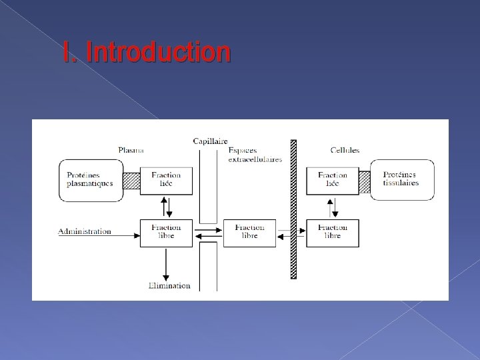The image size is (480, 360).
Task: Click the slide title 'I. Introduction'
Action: (147, 52)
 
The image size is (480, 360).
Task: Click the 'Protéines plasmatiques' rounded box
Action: (90, 180)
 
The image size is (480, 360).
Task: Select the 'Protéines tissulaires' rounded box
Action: (402, 179)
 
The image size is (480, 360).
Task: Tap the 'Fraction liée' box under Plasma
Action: (166, 180)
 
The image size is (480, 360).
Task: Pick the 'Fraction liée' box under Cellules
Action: (332, 180)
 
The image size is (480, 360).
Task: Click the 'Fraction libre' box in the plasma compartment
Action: (166, 232)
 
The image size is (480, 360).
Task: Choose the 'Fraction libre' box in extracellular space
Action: (249, 232)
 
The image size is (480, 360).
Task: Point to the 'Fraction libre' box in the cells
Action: (332, 232)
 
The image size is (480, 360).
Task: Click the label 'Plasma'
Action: (131, 150)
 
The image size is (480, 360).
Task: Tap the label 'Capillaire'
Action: (210, 141)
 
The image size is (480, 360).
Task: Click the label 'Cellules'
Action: (345, 150)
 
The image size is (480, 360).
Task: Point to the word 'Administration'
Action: (85, 232)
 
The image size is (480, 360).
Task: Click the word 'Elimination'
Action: (169, 285)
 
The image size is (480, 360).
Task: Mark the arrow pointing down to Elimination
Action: (166, 263)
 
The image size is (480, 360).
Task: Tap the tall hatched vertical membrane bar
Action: (293, 209)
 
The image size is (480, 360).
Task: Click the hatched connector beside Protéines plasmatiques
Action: (131, 180)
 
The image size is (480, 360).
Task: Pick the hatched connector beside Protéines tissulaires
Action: (365, 180)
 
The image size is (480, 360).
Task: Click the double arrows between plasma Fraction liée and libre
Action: (166, 206)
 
